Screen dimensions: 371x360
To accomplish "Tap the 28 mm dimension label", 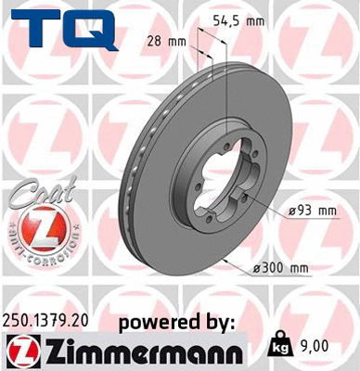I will pyautogui.click(x=167, y=41).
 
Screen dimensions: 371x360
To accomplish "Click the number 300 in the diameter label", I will pyautogui.click(x=276, y=269).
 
